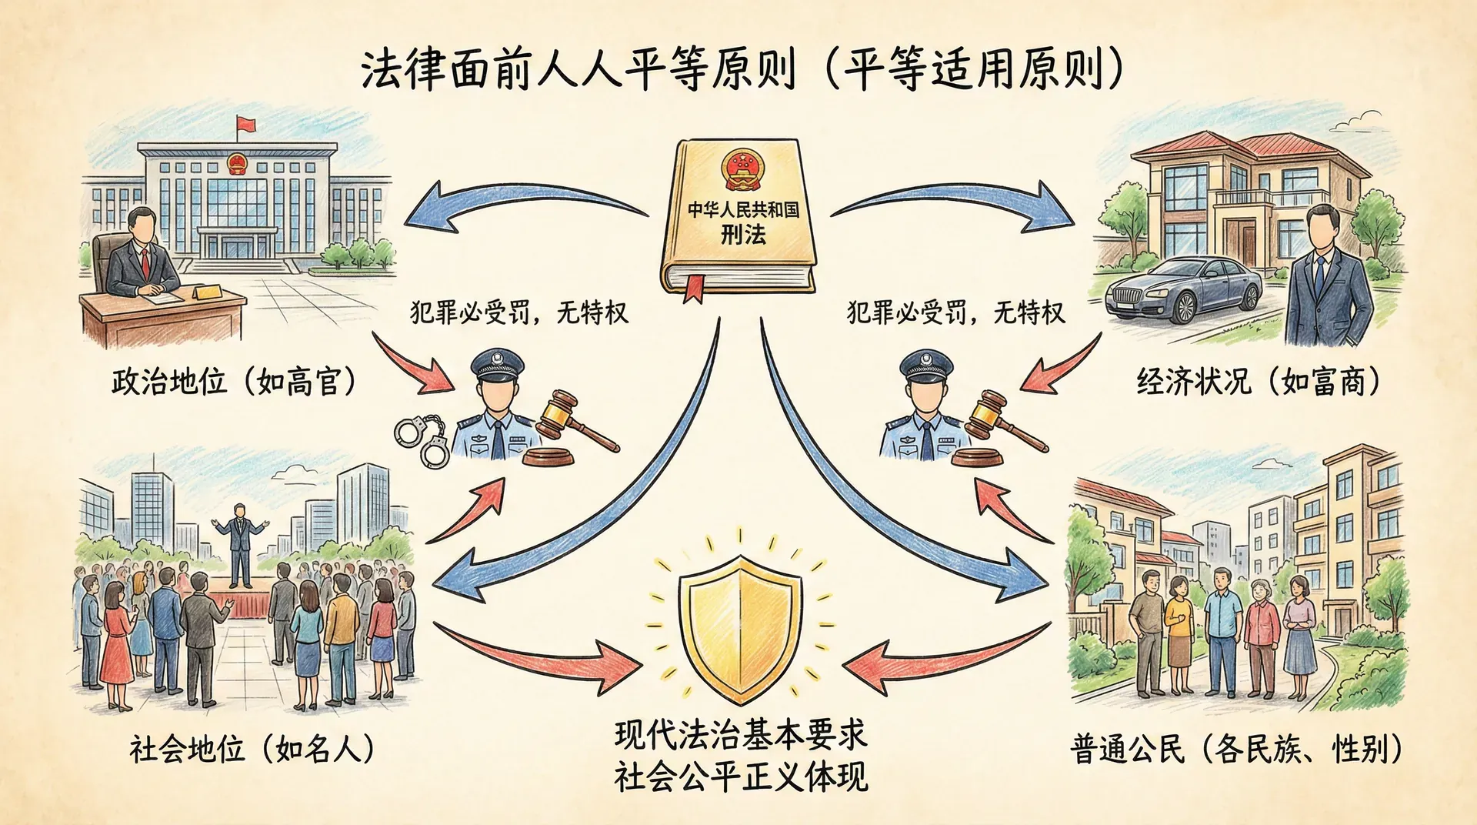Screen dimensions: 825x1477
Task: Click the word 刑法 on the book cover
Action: pos(742,234)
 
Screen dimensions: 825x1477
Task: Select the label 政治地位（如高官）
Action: pos(234,382)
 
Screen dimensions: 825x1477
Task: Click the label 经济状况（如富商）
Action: pos(1259,382)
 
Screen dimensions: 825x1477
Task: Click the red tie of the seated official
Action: pos(144,262)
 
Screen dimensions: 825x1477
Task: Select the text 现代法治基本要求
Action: pos(740,734)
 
